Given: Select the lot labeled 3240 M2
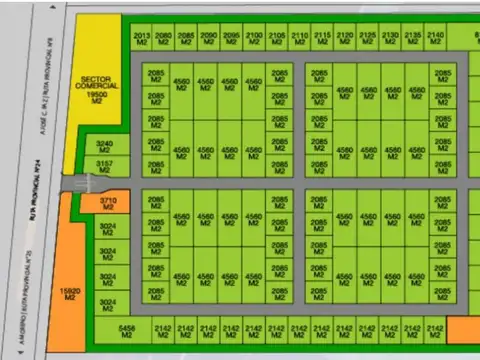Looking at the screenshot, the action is (105, 147).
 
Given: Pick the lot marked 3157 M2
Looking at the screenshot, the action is (105, 166).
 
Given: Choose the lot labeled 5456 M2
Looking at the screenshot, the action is (127, 330).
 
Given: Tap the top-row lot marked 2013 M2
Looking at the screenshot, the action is (142, 38).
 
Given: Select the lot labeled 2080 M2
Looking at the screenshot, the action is (164, 38).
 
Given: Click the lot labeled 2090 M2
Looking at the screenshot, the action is (208, 38).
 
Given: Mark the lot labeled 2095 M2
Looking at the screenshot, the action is (231, 38).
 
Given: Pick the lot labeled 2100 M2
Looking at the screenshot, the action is (254, 38).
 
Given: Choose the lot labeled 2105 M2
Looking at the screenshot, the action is (277, 38).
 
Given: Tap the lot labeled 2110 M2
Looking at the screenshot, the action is (299, 38).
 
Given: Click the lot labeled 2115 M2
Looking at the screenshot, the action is (322, 38).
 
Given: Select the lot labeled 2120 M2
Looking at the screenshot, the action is (345, 38).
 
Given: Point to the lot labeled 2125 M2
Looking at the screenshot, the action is (367, 38).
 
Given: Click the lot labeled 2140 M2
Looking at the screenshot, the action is (435, 38).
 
